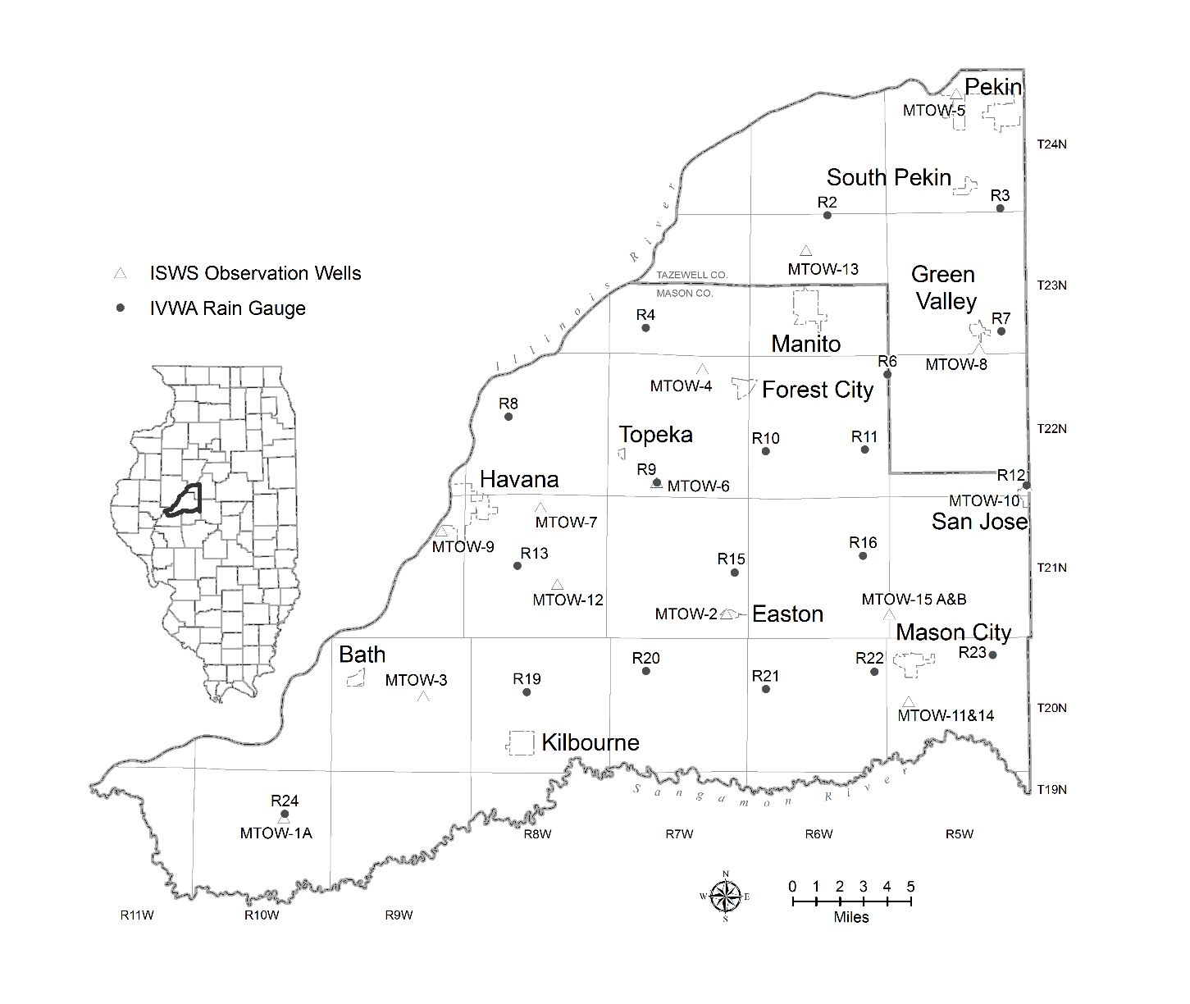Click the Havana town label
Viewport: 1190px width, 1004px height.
[519, 480]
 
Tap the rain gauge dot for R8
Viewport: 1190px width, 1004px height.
[508, 417]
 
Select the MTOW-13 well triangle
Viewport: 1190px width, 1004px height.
[806, 251]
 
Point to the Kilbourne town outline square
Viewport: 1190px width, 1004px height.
[521, 742]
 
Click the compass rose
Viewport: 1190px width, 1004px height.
[726, 897]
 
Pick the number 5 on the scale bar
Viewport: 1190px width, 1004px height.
[910, 887]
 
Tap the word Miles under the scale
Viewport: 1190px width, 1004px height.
[851, 917]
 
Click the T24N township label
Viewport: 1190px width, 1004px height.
[1051, 144]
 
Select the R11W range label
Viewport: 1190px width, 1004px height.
[137, 915]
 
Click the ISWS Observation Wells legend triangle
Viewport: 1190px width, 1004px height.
[121, 273]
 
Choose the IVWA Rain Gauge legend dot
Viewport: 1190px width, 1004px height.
[121, 308]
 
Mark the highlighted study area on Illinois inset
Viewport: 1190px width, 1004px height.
[185, 500]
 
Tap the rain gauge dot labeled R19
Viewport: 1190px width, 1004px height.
[527, 692]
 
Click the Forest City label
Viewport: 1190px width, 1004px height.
[818, 390]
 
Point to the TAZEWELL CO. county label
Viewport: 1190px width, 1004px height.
[691, 275]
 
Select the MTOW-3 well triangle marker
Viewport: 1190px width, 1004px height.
[423, 696]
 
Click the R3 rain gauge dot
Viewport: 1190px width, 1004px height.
[1000, 208]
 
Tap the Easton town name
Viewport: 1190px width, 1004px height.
[787, 614]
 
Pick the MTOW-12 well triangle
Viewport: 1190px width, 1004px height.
[558, 584]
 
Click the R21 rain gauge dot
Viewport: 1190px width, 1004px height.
[766, 689]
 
